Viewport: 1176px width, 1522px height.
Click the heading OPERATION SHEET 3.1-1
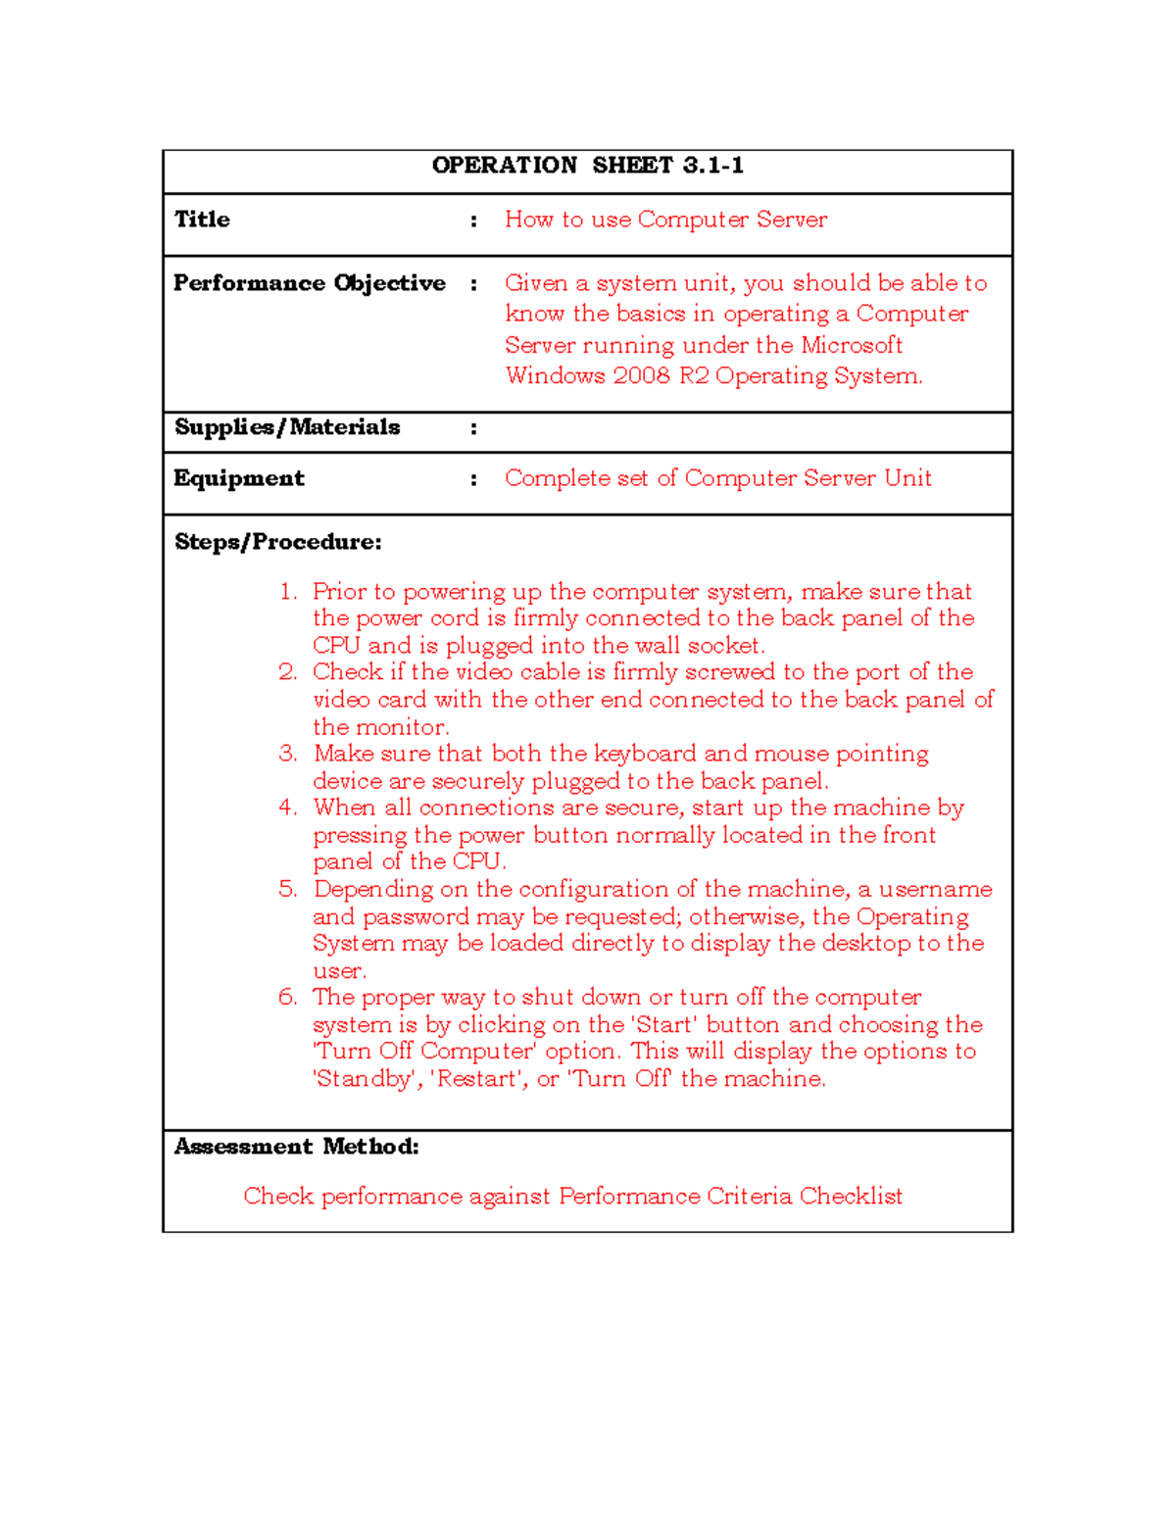point(587,166)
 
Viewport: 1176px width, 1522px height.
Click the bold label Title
point(202,220)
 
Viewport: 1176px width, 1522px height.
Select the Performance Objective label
point(309,283)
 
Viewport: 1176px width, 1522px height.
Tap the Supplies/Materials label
point(287,427)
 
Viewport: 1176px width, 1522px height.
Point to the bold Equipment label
point(239,478)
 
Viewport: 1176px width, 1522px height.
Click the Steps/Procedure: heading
point(277,542)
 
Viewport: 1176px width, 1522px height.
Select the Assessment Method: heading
point(296,1147)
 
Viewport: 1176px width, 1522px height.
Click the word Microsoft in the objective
point(851,345)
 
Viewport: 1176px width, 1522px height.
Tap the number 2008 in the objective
point(641,376)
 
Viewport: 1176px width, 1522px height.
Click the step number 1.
point(287,592)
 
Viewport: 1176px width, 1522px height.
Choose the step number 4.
point(287,808)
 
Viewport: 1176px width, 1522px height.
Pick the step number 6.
point(287,998)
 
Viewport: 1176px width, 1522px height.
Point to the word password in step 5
point(416,917)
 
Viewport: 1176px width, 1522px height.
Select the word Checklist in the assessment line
point(850,1197)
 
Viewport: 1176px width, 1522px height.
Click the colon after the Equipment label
point(473,479)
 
